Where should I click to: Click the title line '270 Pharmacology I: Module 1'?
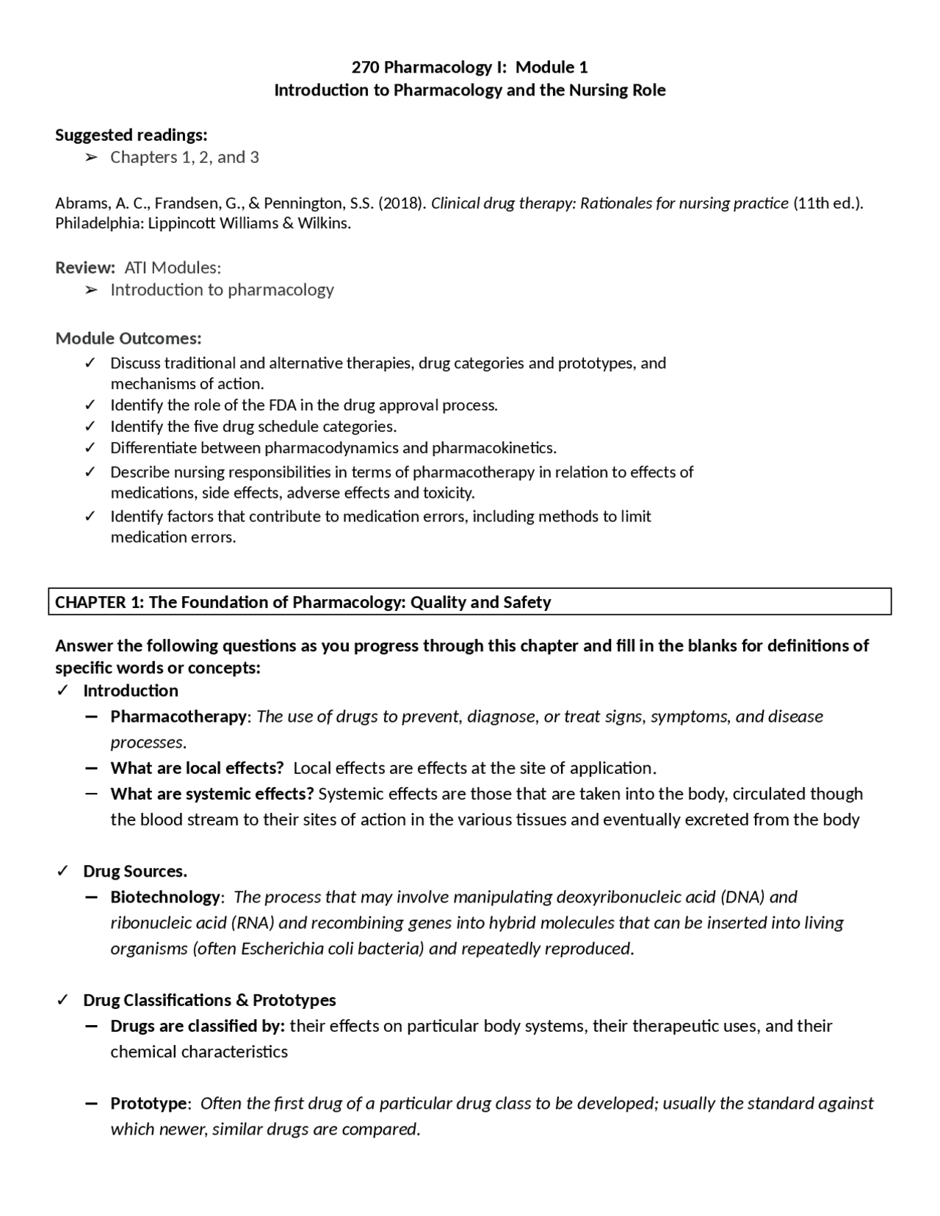click(469, 68)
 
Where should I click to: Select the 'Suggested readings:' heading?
click(131, 135)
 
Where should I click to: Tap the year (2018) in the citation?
click(401, 203)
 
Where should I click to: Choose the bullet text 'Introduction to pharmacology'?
click(222, 290)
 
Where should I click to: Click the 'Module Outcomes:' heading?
click(129, 339)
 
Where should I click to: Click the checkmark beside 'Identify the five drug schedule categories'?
click(90, 427)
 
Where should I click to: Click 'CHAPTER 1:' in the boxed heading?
click(100, 603)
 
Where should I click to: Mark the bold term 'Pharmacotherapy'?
click(178, 717)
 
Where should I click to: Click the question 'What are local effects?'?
click(197, 768)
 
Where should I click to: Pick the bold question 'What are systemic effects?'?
click(212, 794)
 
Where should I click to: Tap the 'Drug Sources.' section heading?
click(135, 872)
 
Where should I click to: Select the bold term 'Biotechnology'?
click(164, 897)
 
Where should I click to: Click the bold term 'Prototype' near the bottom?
click(149, 1104)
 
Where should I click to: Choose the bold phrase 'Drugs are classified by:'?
click(198, 1026)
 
